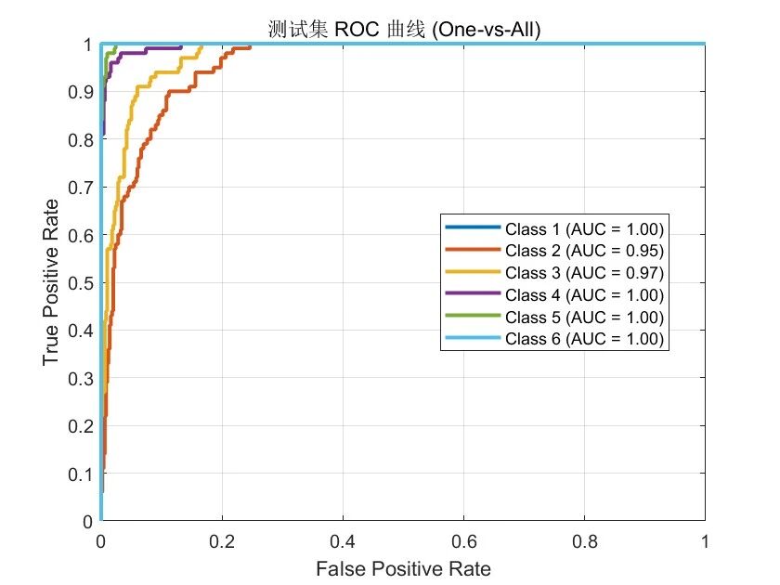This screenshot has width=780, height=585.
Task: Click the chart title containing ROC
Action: tap(404, 30)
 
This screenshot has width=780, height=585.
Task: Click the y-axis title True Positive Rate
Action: tap(51, 282)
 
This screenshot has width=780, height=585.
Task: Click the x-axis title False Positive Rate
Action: tap(403, 568)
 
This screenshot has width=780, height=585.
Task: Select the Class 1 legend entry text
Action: tap(584, 228)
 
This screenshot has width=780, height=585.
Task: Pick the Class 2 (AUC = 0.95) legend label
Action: tap(584, 251)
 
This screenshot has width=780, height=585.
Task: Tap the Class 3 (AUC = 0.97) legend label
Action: tap(584, 273)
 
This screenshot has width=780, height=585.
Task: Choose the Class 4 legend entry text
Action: tap(584, 295)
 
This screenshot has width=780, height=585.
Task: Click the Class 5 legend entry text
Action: tap(584, 317)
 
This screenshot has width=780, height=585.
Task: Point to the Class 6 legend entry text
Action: tap(584, 339)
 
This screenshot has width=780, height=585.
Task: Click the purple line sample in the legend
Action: tap(473, 293)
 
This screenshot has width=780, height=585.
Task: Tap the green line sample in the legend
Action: tap(473, 316)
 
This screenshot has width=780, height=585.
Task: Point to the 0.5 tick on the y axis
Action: tap(81, 283)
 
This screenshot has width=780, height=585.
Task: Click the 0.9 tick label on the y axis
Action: tap(81, 92)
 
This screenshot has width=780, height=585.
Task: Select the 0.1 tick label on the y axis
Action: tap(81, 474)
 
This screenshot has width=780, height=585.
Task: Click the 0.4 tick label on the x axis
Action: tap(343, 541)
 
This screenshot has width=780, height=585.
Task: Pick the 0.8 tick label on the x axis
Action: tap(584, 541)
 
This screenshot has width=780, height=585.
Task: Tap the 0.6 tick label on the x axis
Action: tap(463, 541)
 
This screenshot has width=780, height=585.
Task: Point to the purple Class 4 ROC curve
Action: tap(121, 53)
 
